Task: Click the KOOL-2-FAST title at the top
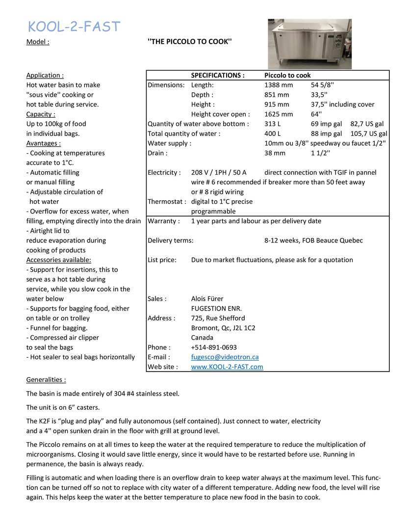click(x=74, y=26)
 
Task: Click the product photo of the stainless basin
click(x=309, y=44)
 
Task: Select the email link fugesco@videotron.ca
click(x=225, y=357)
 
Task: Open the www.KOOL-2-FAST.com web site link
click(x=227, y=367)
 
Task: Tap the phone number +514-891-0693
click(x=214, y=347)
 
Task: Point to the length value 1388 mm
click(x=278, y=85)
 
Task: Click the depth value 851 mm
click(x=277, y=95)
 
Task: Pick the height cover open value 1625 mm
click(x=278, y=114)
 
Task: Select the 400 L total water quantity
click(x=273, y=133)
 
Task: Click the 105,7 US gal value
click(x=368, y=133)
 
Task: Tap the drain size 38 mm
click(x=275, y=153)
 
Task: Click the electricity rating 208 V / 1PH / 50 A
click(x=219, y=172)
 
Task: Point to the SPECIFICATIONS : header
click(x=217, y=76)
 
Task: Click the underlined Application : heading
click(x=45, y=76)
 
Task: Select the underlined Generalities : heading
click(x=46, y=380)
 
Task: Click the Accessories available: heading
click(x=58, y=260)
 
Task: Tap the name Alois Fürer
click(x=207, y=299)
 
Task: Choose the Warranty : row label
click(x=163, y=221)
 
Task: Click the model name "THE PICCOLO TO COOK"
click(x=189, y=42)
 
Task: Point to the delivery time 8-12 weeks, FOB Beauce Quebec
click(x=313, y=240)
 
